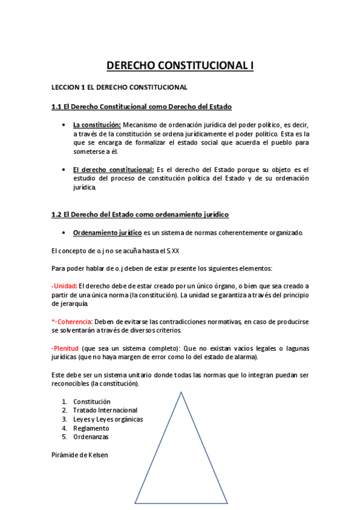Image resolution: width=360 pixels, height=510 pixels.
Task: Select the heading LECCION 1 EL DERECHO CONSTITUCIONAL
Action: [120, 87]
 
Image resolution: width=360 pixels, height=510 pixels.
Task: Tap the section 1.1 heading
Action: [141, 106]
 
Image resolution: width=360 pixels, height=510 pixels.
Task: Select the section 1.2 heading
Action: [140, 214]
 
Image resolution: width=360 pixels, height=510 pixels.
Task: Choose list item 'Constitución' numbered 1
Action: [91, 401]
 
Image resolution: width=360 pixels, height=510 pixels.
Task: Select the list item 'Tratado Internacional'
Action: [105, 410]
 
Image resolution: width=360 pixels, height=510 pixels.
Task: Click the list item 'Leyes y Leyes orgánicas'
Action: [108, 419]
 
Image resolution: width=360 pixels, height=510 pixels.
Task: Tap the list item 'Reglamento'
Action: [91, 428]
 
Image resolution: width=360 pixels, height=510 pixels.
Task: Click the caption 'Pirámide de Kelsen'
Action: [80, 455]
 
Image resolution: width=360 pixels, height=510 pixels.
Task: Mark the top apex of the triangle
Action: [180, 392]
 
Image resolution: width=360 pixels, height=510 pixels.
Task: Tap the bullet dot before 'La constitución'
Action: [64, 124]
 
